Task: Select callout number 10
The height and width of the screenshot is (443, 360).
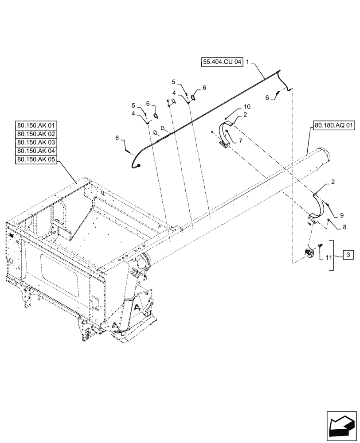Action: pyautogui.click(x=247, y=107)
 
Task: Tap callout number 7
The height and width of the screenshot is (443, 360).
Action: pyautogui.click(x=241, y=140)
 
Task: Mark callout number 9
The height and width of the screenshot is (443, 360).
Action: pyautogui.click(x=342, y=215)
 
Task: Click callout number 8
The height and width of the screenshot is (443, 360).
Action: pyautogui.click(x=344, y=227)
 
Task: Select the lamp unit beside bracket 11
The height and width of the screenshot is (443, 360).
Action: pyautogui.click(x=309, y=254)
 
